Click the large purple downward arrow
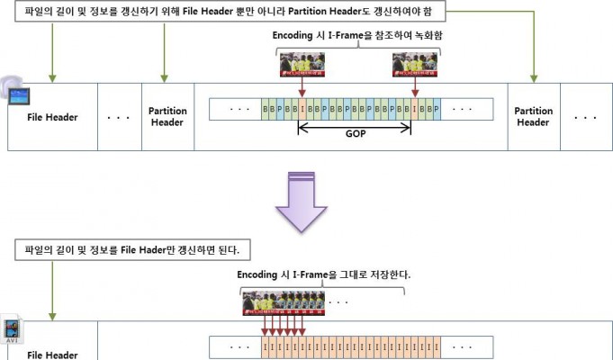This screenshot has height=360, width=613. (301, 202)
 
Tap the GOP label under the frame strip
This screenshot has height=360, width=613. (356, 134)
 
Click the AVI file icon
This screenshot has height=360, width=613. (12, 329)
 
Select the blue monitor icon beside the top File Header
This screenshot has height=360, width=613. (18, 95)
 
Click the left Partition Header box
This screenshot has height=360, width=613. (167, 116)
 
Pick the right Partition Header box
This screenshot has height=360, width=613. (534, 116)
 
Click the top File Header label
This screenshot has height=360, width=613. (52, 117)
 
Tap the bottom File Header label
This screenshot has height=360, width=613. (52, 355)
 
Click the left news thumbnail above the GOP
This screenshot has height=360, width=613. (302, 65)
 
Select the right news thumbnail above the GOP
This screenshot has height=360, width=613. (415, 65)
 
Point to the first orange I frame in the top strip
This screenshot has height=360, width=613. (302, 109)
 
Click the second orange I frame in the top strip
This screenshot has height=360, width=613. (414, 109)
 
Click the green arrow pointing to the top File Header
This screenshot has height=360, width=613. (52, 52)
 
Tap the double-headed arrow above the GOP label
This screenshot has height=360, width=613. (354, 128)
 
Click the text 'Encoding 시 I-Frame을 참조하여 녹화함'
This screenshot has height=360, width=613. (357, 36)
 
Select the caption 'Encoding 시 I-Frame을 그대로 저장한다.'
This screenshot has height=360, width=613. (324, 274)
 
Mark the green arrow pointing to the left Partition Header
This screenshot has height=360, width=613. (164, 52)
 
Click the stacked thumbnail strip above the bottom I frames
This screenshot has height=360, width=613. (284, 303)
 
